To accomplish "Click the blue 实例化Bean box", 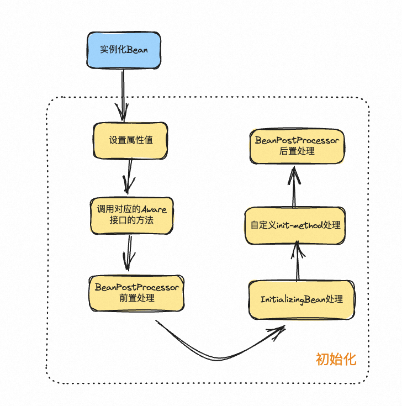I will coord(124,49).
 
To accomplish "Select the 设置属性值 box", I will coord(130,140).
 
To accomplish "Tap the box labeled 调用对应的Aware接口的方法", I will coord(131,215).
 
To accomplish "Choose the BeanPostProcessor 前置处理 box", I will coord(137,293).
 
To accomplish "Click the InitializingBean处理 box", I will coord(301,299).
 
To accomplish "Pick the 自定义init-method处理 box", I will coord(295,225).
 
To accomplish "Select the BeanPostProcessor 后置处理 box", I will coord(297,146).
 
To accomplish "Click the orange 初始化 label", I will coord(336,360).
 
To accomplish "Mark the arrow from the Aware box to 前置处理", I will coord(129,253).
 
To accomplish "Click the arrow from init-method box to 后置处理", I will coord(294,188).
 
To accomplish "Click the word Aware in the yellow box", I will coord(154,209).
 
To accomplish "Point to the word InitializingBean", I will coord(293,299).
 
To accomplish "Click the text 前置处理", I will coord(136,298).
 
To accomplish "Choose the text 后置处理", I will coord(297,151).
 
